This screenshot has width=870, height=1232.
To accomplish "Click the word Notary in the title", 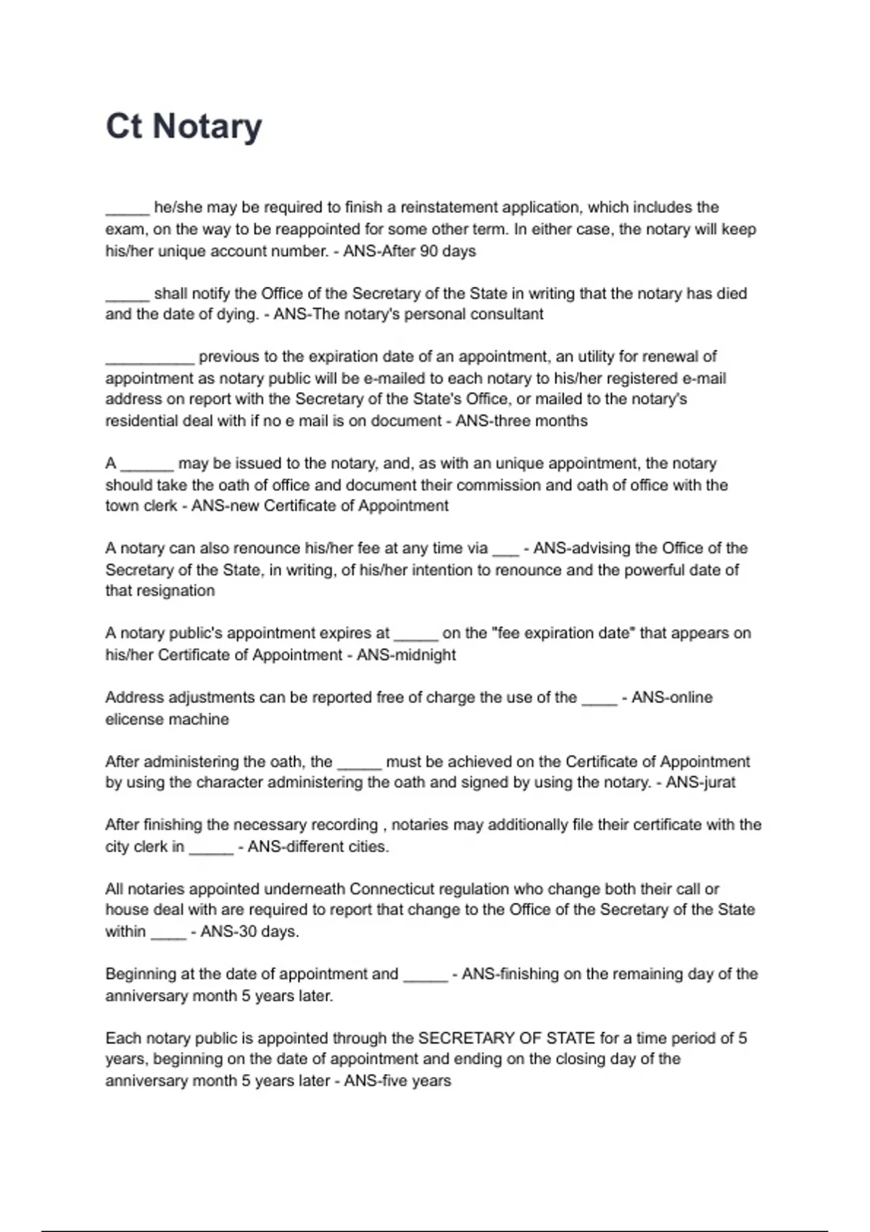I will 207,127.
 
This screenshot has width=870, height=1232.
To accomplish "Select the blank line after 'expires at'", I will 415,635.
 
